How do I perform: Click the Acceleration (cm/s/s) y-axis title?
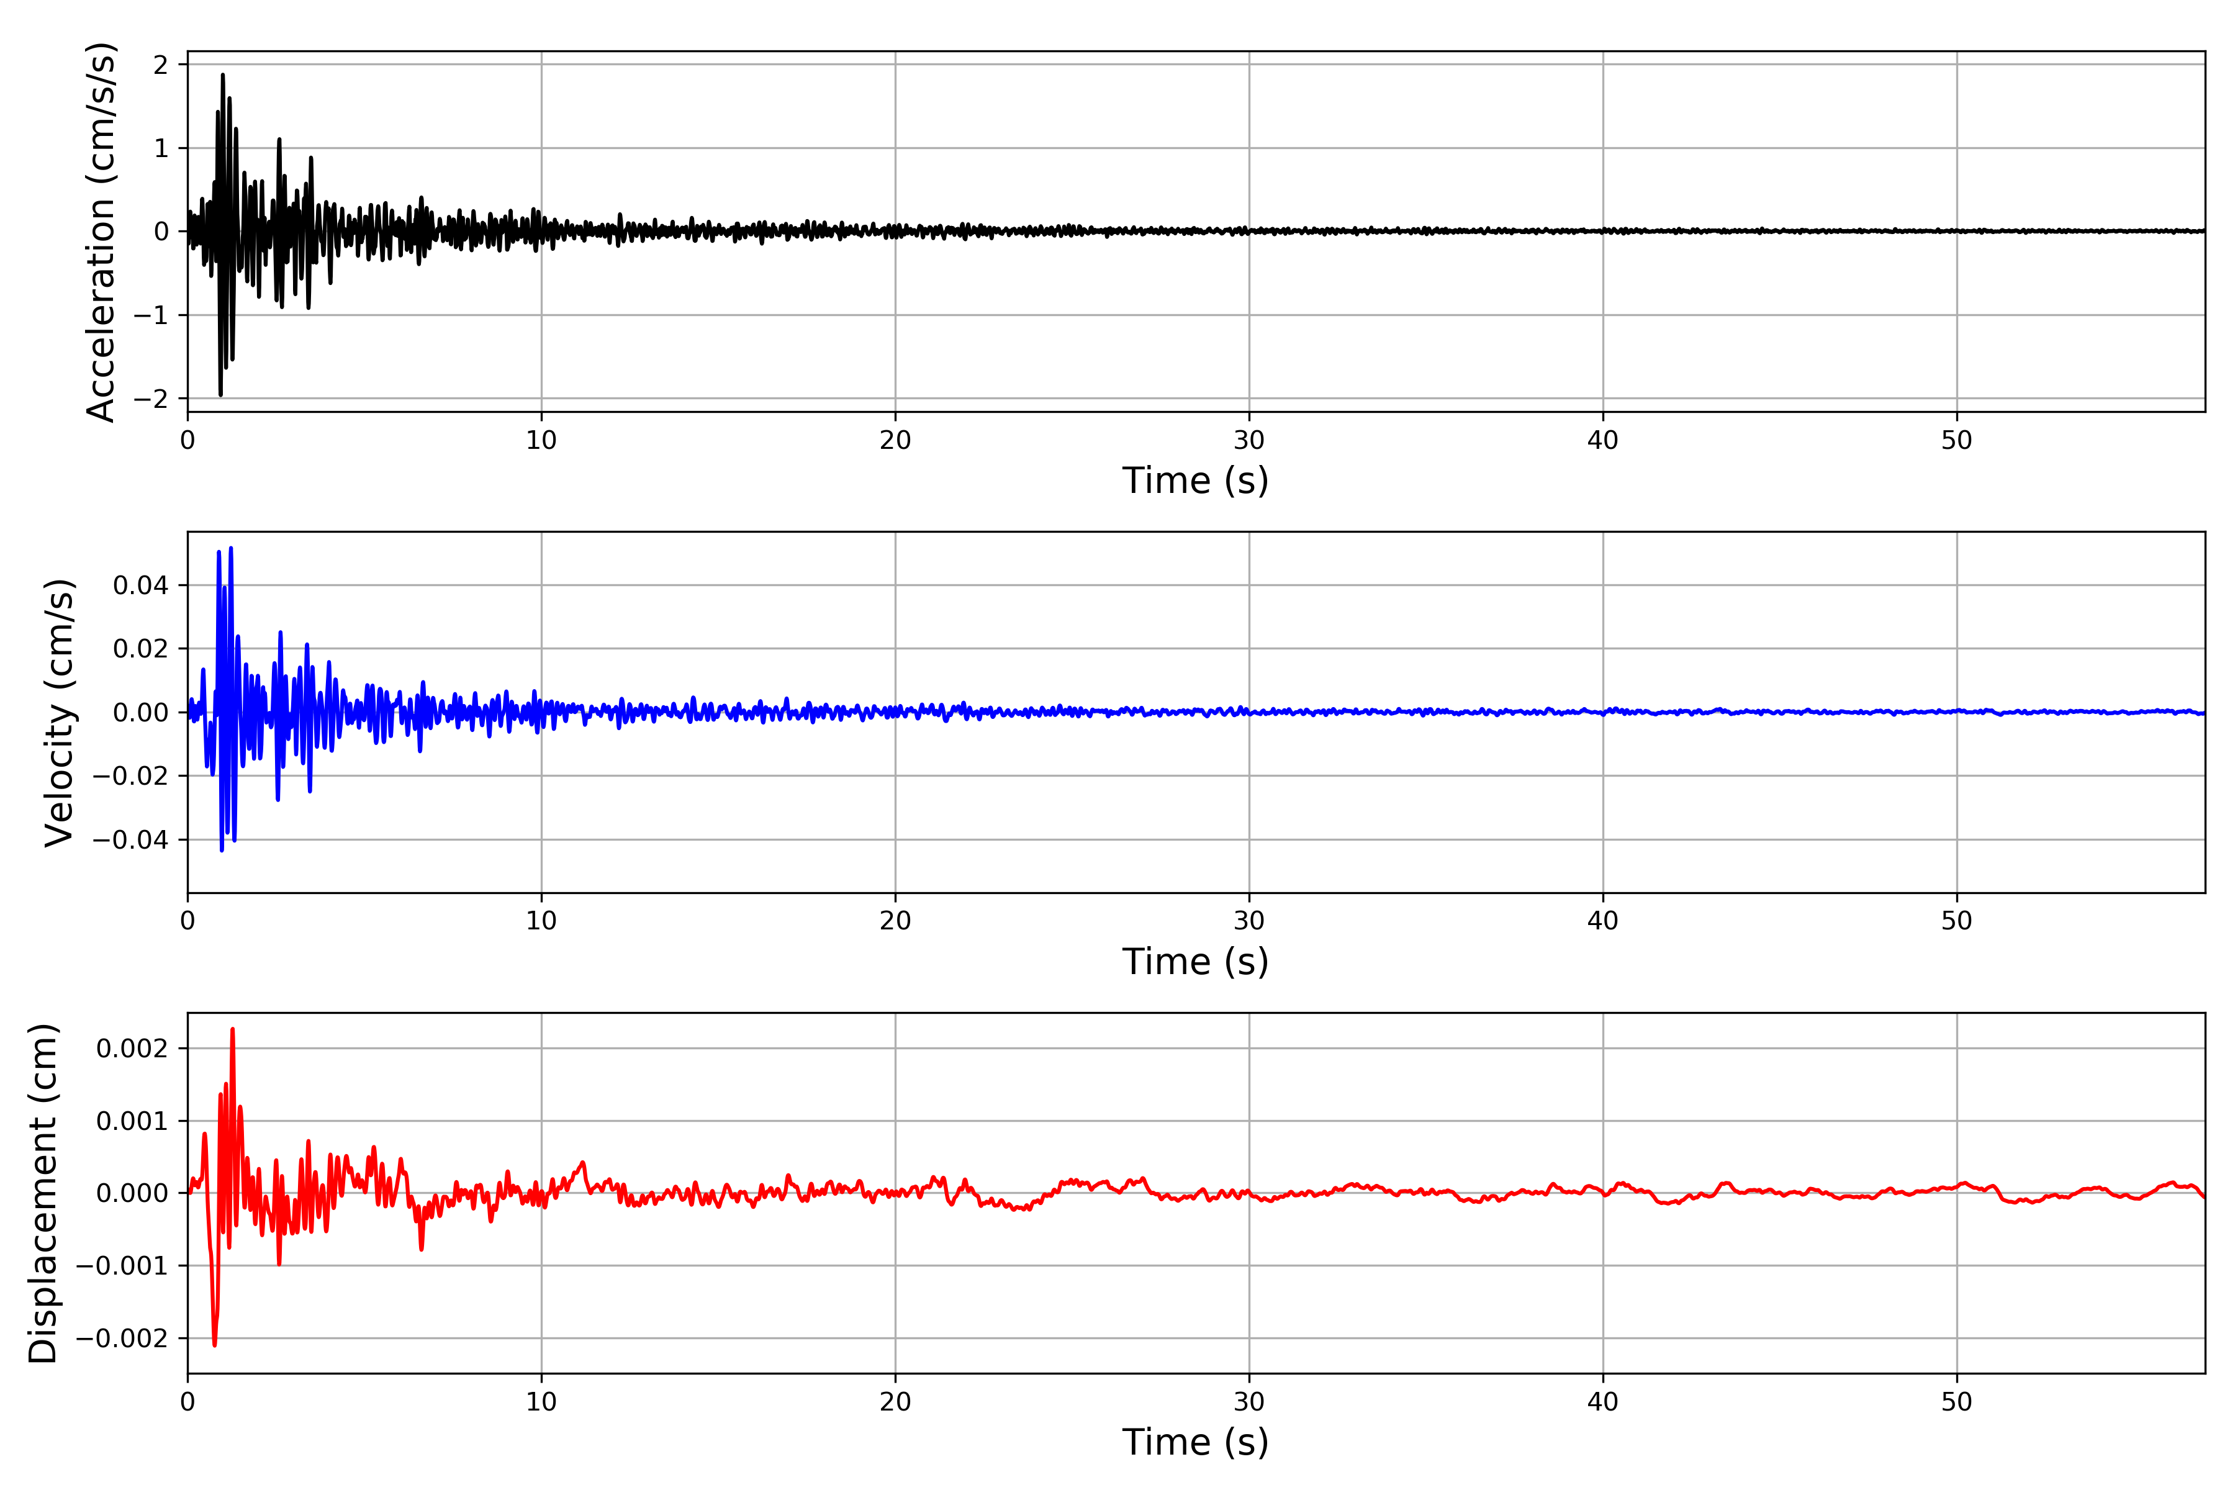pos(101,232)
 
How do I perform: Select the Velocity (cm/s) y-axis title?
pos(59,713)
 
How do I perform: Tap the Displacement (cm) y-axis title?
pos(43,1193)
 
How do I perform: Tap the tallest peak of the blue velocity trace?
pos(231,548)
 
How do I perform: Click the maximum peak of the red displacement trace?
pos(233,1029)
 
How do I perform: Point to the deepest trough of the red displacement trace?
pos(215,1345)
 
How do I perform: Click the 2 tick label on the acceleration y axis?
pos(161,65)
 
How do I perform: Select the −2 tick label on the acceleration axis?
pos(150,399)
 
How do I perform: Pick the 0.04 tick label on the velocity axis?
pos(141,585)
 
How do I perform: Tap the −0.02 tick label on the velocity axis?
pos(130,777)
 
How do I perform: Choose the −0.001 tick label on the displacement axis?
pos(122,1266)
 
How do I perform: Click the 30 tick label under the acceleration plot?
pos(1248,440)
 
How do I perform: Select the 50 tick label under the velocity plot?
pos(1957,921)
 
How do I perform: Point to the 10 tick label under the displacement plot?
pos(541,1402)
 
